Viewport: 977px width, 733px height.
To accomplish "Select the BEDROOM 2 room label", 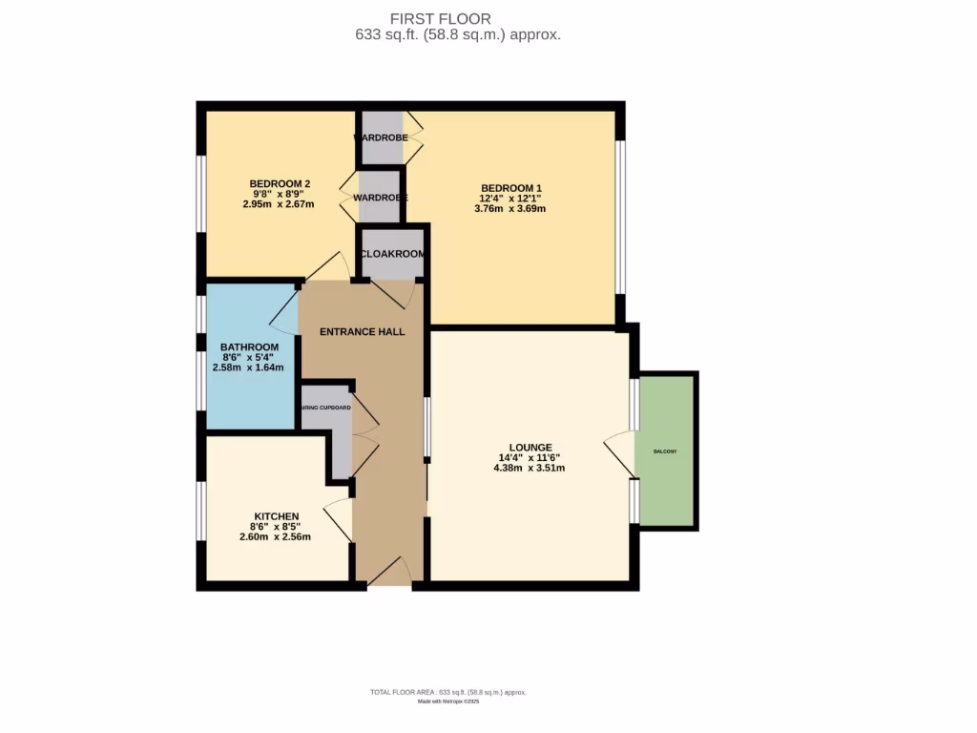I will pos(280,183).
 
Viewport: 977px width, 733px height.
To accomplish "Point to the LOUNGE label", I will pos(530,447).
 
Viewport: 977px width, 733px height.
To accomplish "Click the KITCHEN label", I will pos(276,516).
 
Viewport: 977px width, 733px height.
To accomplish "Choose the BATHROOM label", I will pos(249,346).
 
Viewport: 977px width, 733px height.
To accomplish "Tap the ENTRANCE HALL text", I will pos(362,332).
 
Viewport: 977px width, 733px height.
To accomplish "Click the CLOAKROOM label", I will pos(392,254).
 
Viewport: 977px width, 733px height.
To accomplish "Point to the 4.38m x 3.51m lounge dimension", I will pos(530,468).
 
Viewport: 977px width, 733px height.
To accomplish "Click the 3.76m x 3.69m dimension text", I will pos(510,209).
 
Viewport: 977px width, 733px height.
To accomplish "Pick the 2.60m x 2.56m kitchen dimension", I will pos(275,536).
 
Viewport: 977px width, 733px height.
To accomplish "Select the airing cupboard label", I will pos(325,408).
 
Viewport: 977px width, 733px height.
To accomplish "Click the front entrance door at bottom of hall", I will pos(389,573).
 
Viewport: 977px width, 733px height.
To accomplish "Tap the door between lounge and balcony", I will pos(620,451).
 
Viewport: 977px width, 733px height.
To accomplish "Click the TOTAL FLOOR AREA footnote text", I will pos(448,692).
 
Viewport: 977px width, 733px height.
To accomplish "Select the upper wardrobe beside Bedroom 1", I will pos(381,137).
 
